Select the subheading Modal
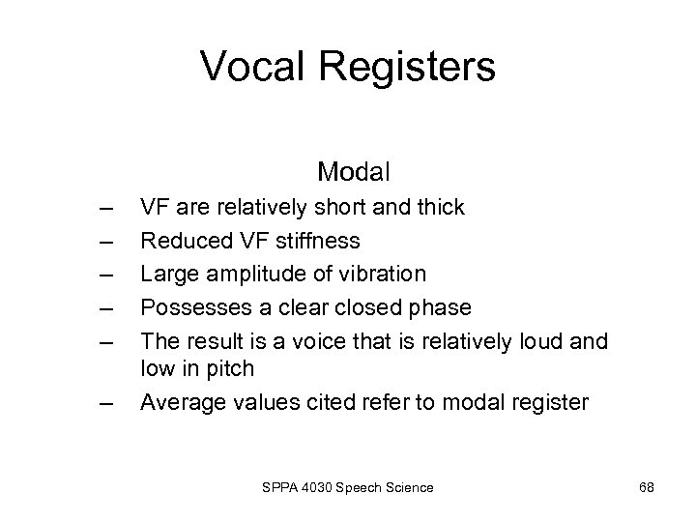click(353, 173)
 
